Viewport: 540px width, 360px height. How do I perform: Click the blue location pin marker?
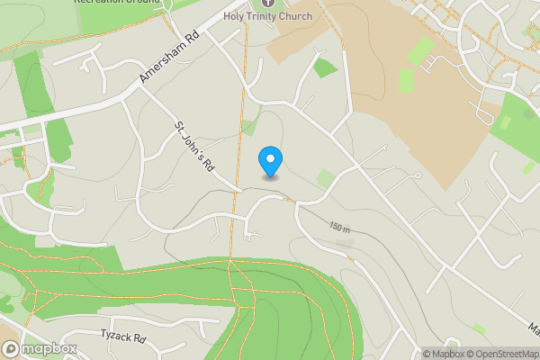(270, 161)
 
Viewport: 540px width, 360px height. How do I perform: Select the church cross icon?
(267, 4)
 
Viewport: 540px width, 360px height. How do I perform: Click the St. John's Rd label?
(195, 147)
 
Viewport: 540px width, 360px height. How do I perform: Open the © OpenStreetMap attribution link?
(502, 353)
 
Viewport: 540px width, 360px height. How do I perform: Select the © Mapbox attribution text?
(443, 353)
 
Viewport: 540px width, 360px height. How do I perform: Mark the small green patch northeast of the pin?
(326, 67)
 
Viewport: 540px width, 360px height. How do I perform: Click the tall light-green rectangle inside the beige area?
(406, 82)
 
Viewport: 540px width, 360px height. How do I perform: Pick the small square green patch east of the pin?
(326, 178)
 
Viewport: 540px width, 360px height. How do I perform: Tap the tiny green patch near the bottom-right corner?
(479, 329)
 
